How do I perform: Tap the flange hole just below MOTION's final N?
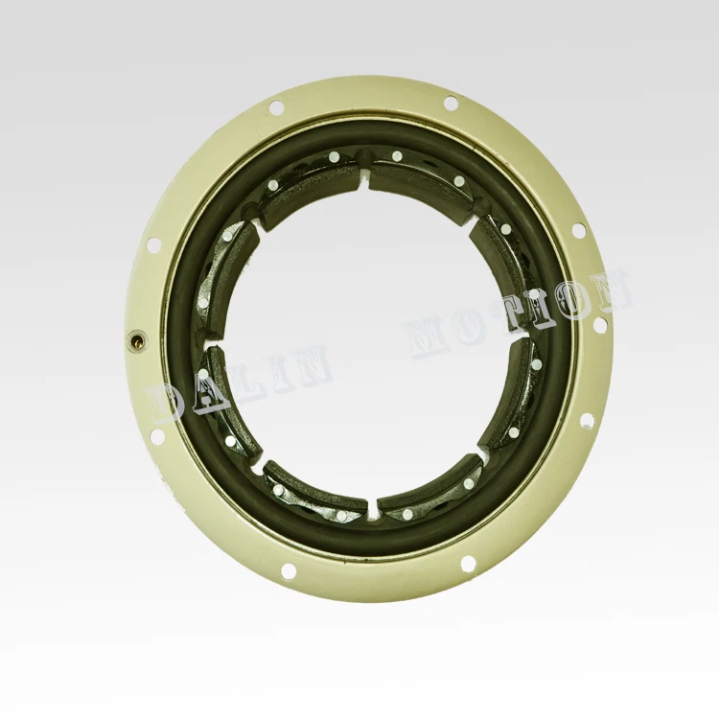[600, 325]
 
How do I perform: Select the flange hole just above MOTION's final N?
[578, 231]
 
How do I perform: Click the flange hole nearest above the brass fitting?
[153, 245]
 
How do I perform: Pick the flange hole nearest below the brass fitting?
[157, 437]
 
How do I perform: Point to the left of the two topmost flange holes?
[277, 108]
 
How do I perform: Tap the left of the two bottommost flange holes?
[289, 571]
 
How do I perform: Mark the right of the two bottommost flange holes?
[468, 564]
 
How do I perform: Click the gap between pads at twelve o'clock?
[367, 175]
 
